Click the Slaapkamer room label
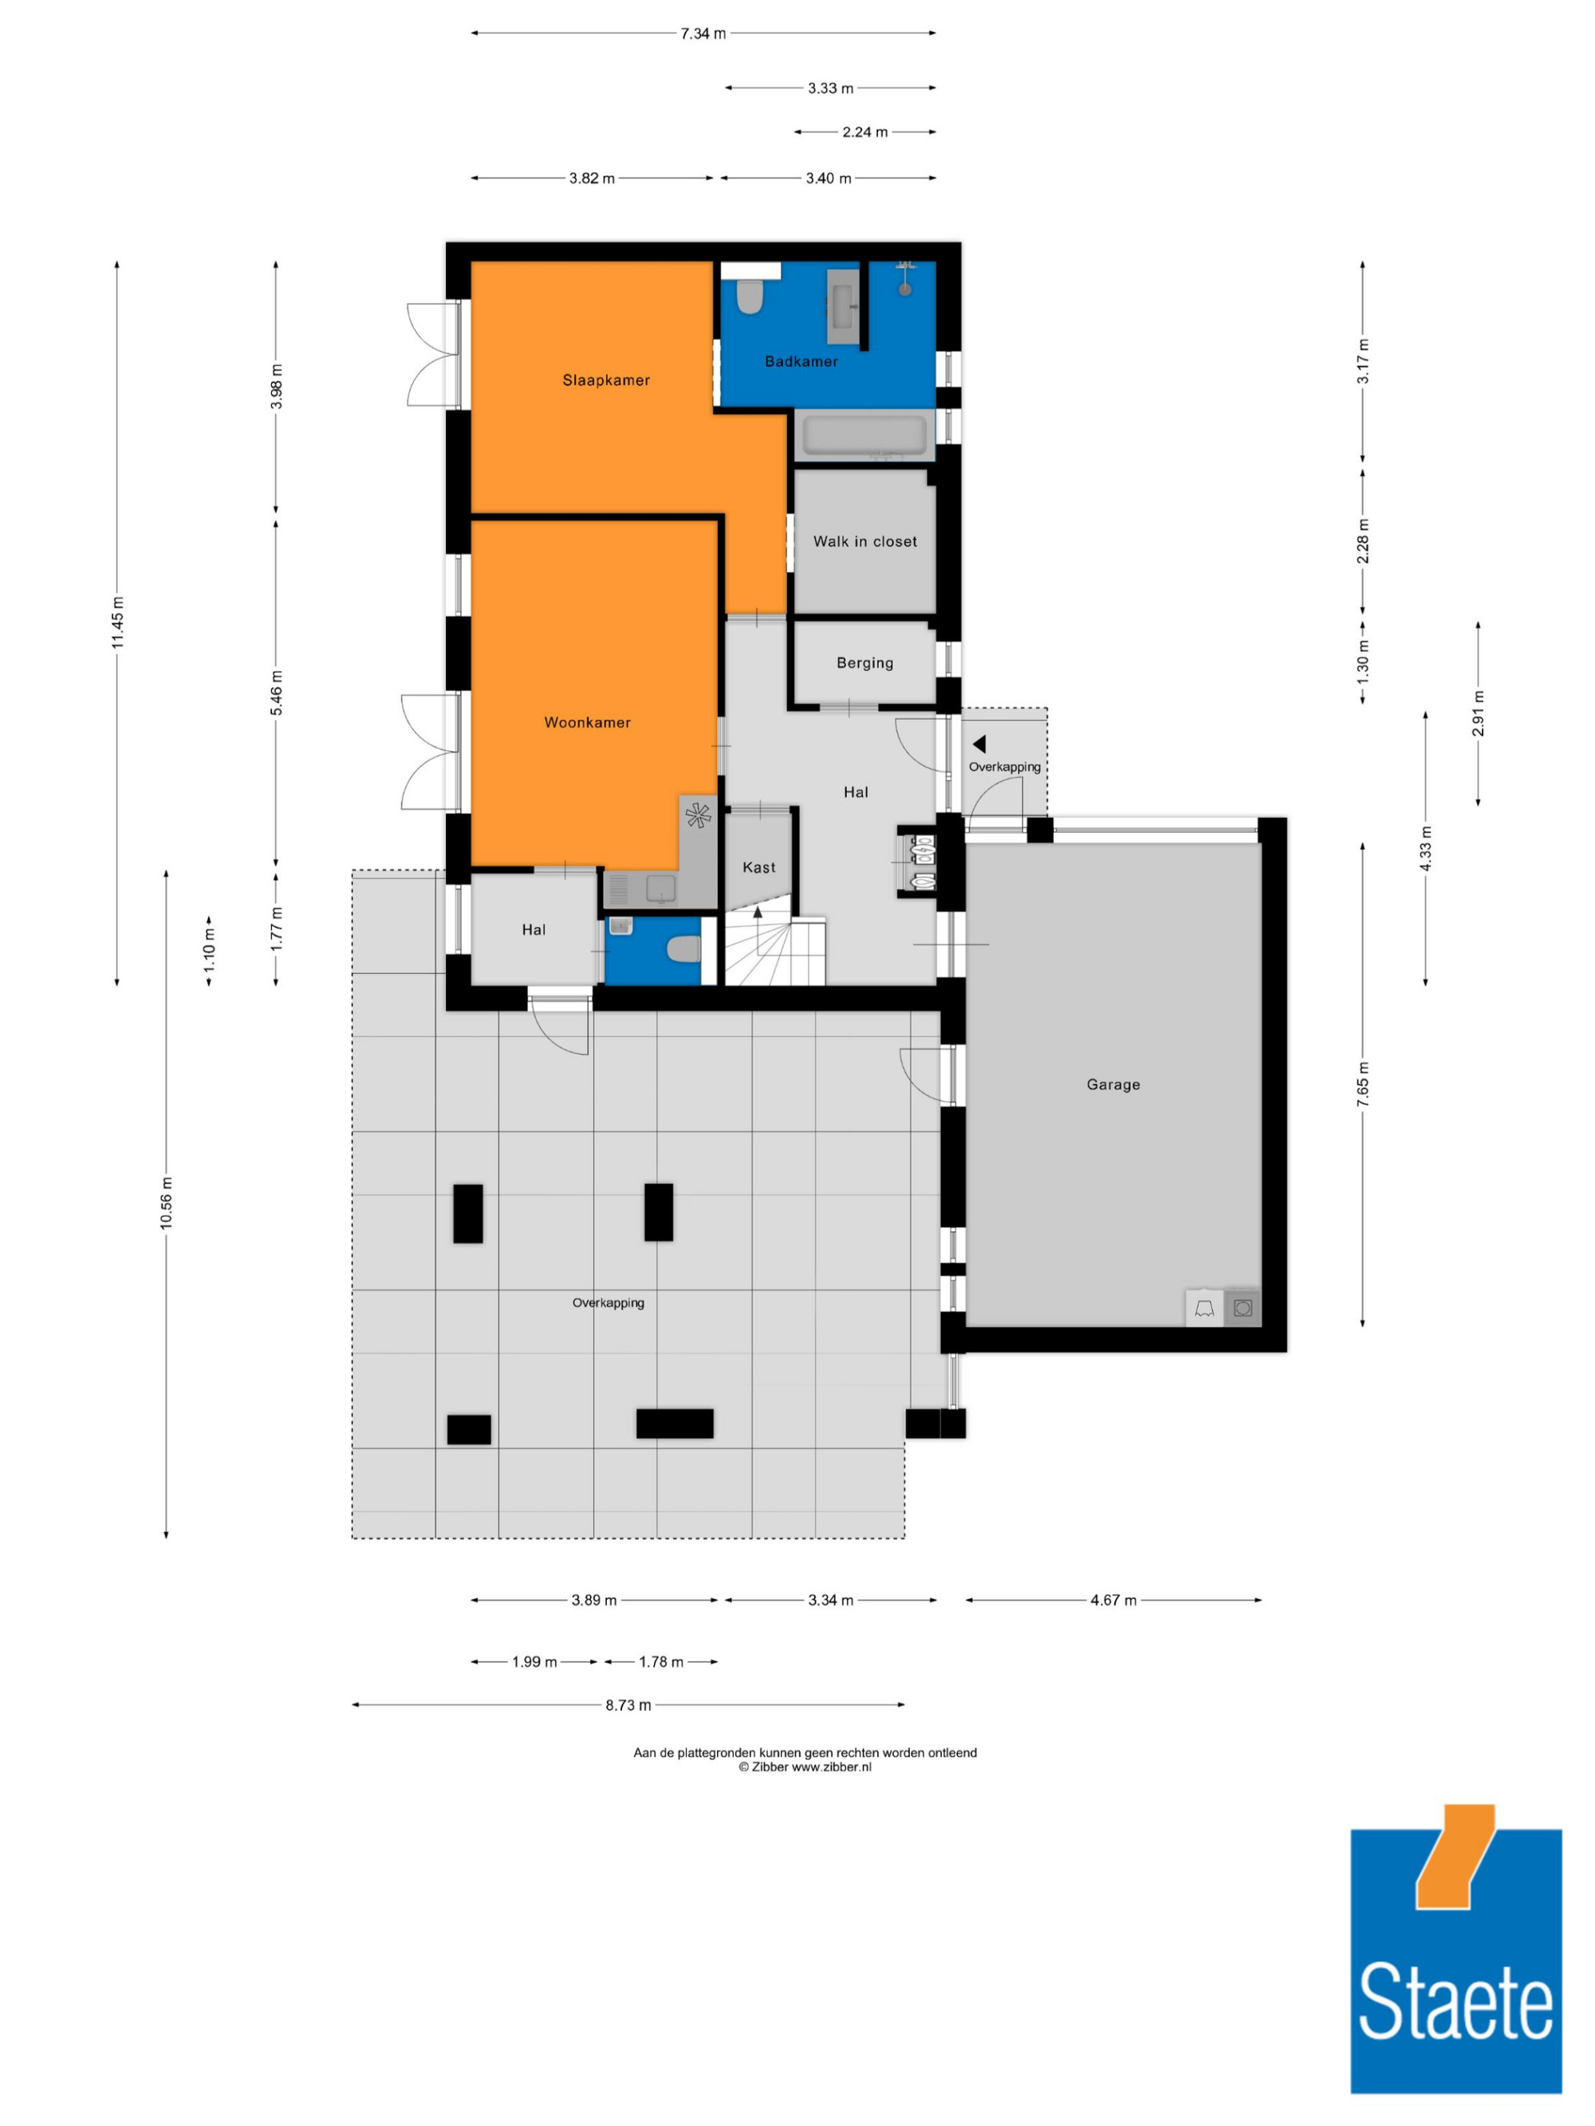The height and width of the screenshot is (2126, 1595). (605, 379)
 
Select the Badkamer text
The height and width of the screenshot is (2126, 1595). (801, 361)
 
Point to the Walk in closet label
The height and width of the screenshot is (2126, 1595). (865, 541)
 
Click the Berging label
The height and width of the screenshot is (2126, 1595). (864, 662)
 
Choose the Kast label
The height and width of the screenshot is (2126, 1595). (758, 867)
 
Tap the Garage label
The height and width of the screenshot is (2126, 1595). (1113, 1084)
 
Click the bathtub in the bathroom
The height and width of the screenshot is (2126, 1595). (864, 435)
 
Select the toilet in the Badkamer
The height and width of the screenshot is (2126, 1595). (749, 296)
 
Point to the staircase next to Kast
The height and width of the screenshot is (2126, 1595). (774, 949)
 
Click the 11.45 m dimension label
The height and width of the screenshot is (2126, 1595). (118, 623)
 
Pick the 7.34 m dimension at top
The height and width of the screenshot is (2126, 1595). (703, 33)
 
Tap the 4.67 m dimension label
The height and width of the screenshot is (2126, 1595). (1113, 1600)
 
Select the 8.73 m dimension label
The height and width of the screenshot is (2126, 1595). (628, 1705)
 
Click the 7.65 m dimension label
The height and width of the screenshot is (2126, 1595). (1362, 1084)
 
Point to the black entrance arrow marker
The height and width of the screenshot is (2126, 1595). (979, 744)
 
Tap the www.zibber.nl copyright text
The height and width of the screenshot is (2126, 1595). (805, 1766)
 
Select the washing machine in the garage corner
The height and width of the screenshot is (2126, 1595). (1243, 1308)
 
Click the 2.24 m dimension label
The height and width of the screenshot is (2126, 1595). (864, 132)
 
